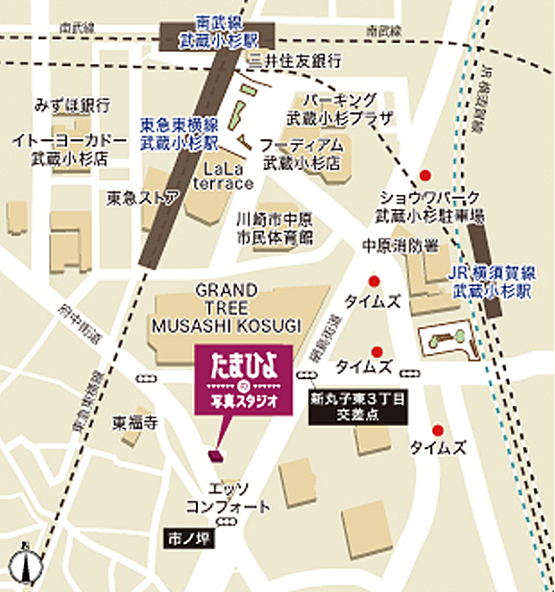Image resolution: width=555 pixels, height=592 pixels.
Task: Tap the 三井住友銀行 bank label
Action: [x=296, y=60]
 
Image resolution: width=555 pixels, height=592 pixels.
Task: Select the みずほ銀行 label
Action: [x=73, y=104]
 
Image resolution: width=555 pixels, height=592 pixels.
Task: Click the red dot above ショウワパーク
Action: [x=424, y=176]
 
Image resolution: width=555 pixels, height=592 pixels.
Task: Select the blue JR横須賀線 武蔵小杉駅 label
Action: [x=490, y=278]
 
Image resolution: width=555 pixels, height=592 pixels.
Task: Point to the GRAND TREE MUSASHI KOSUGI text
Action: [x=226, y=307]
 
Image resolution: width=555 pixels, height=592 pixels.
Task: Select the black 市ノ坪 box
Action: [x=186, y=538]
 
